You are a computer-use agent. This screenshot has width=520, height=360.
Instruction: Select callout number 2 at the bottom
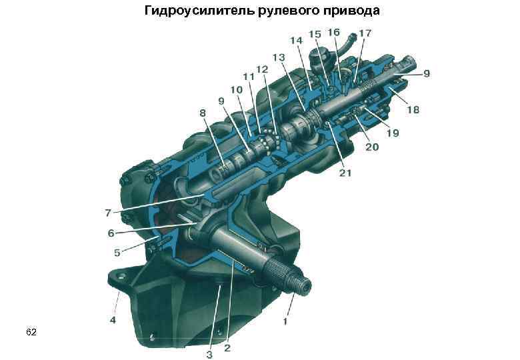click(227, 347)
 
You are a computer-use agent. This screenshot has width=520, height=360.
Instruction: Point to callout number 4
click(113, 320)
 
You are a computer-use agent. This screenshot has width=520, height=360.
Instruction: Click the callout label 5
click(117, 253)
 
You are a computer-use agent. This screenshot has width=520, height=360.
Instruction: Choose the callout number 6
click(111, 233)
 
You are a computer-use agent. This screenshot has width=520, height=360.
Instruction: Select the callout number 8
click(203, 114)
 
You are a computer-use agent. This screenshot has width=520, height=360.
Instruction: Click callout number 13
click(278, 57)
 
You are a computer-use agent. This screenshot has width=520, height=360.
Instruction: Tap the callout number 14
click(296, 41)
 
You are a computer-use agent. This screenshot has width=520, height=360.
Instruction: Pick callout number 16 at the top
click(333, 32)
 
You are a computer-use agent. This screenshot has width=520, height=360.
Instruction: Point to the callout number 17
click(365, 33)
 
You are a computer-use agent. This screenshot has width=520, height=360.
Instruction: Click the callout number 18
click(413, 109)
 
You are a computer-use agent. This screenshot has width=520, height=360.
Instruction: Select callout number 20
click(371, 146)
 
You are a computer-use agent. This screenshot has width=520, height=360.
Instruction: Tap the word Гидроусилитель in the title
click(198, 11)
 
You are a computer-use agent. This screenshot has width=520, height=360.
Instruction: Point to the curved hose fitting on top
click(347, 48)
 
